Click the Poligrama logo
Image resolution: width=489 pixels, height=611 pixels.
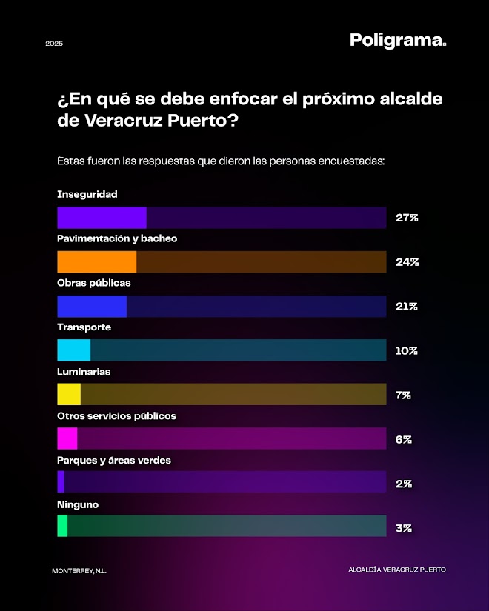click(x=398, y=41)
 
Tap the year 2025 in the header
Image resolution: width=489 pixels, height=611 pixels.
click(x=54, y=44)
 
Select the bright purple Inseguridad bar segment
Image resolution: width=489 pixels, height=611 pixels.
click(x=102, y=218)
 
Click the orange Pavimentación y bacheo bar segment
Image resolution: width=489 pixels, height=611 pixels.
click(x=97, y=262)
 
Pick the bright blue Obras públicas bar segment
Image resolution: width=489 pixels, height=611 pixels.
click(x=92, y=307)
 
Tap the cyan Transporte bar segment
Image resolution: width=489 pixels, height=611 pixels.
click(x=74, y=350)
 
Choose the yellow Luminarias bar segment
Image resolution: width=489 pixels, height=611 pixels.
click(x=69, y=395)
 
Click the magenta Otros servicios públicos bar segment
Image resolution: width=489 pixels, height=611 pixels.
click(x=67, y=438)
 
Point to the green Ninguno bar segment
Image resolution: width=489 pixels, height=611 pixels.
click(x=62, y=526)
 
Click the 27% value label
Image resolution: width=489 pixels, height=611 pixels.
click(x=407, y=218)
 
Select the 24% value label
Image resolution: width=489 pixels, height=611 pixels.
click(x=407, y=262)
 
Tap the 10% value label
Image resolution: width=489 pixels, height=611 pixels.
click(x=406, y=351)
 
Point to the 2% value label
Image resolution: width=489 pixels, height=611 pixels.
click(x=404, y=484)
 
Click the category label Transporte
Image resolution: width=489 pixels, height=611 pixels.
click(x=84, y=327)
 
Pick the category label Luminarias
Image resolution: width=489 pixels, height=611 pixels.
click(x=84, y=372)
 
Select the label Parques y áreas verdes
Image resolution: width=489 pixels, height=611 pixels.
click(x=114, y=460)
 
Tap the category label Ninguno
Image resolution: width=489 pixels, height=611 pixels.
click(x=78, y=504)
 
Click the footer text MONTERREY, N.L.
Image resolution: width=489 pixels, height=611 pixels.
click(x=79, y=570)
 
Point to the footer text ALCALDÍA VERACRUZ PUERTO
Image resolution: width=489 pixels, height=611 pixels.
click(x=397, y=570)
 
